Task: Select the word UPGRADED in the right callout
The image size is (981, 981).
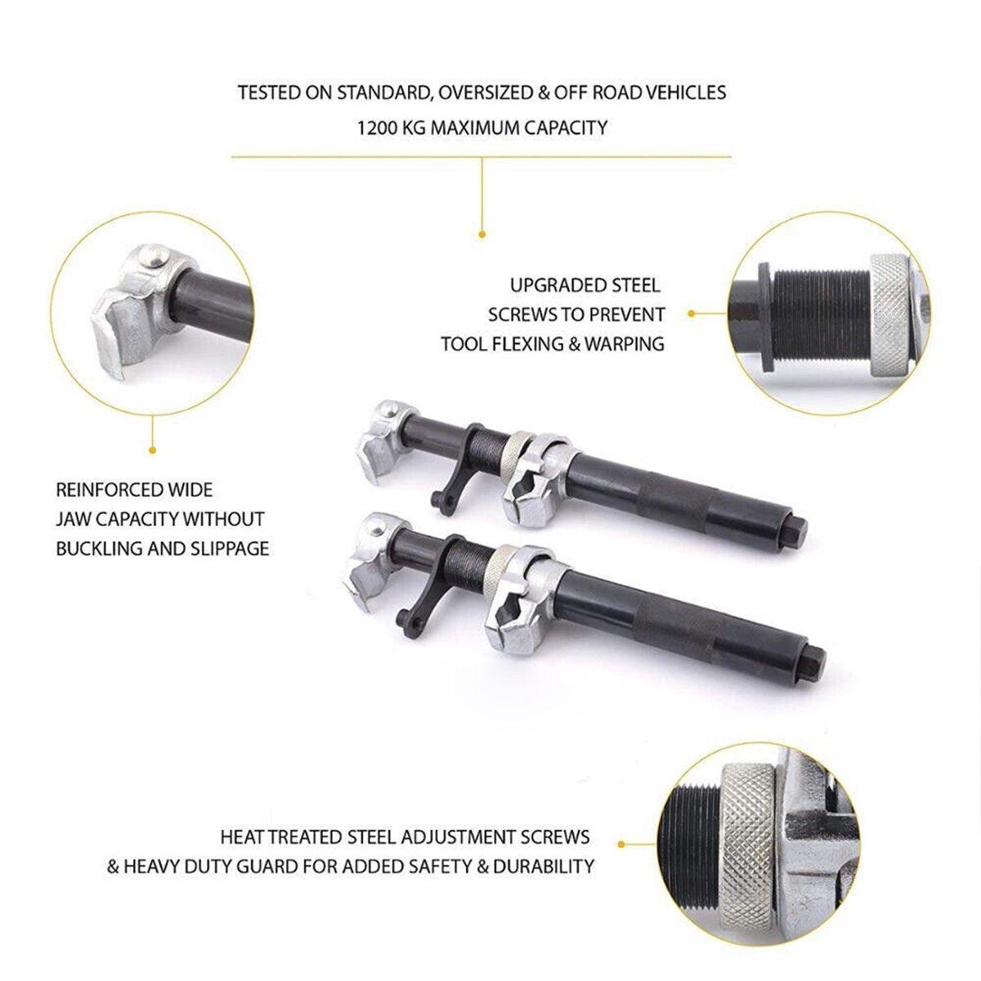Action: click(558, 285)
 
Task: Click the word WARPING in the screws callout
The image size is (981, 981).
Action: click(624, 344)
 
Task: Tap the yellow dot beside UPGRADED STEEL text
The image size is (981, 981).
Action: click(692, 314)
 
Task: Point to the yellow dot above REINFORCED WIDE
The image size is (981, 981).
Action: click(152, 450)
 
